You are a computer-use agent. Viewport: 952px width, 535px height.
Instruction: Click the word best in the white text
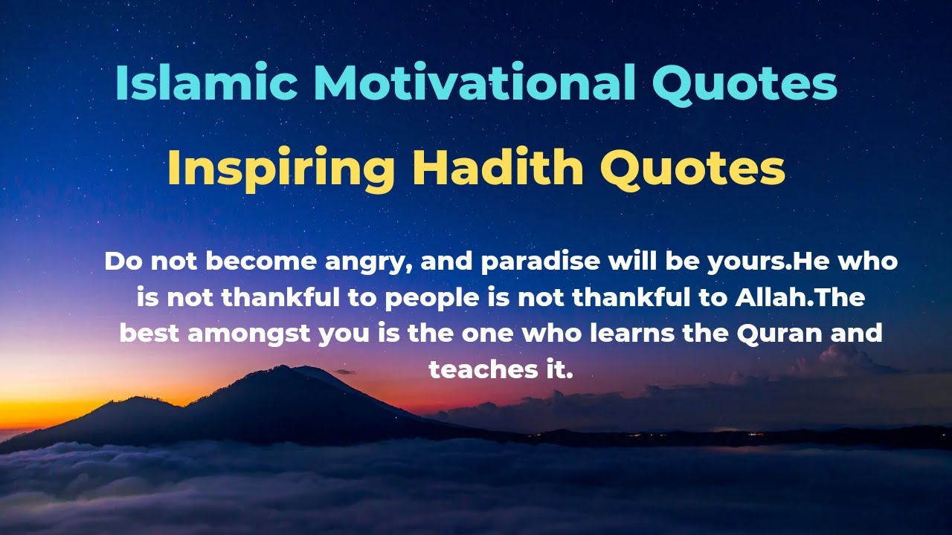coord(149,334)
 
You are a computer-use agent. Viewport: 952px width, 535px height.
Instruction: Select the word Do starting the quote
coord(120,262)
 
